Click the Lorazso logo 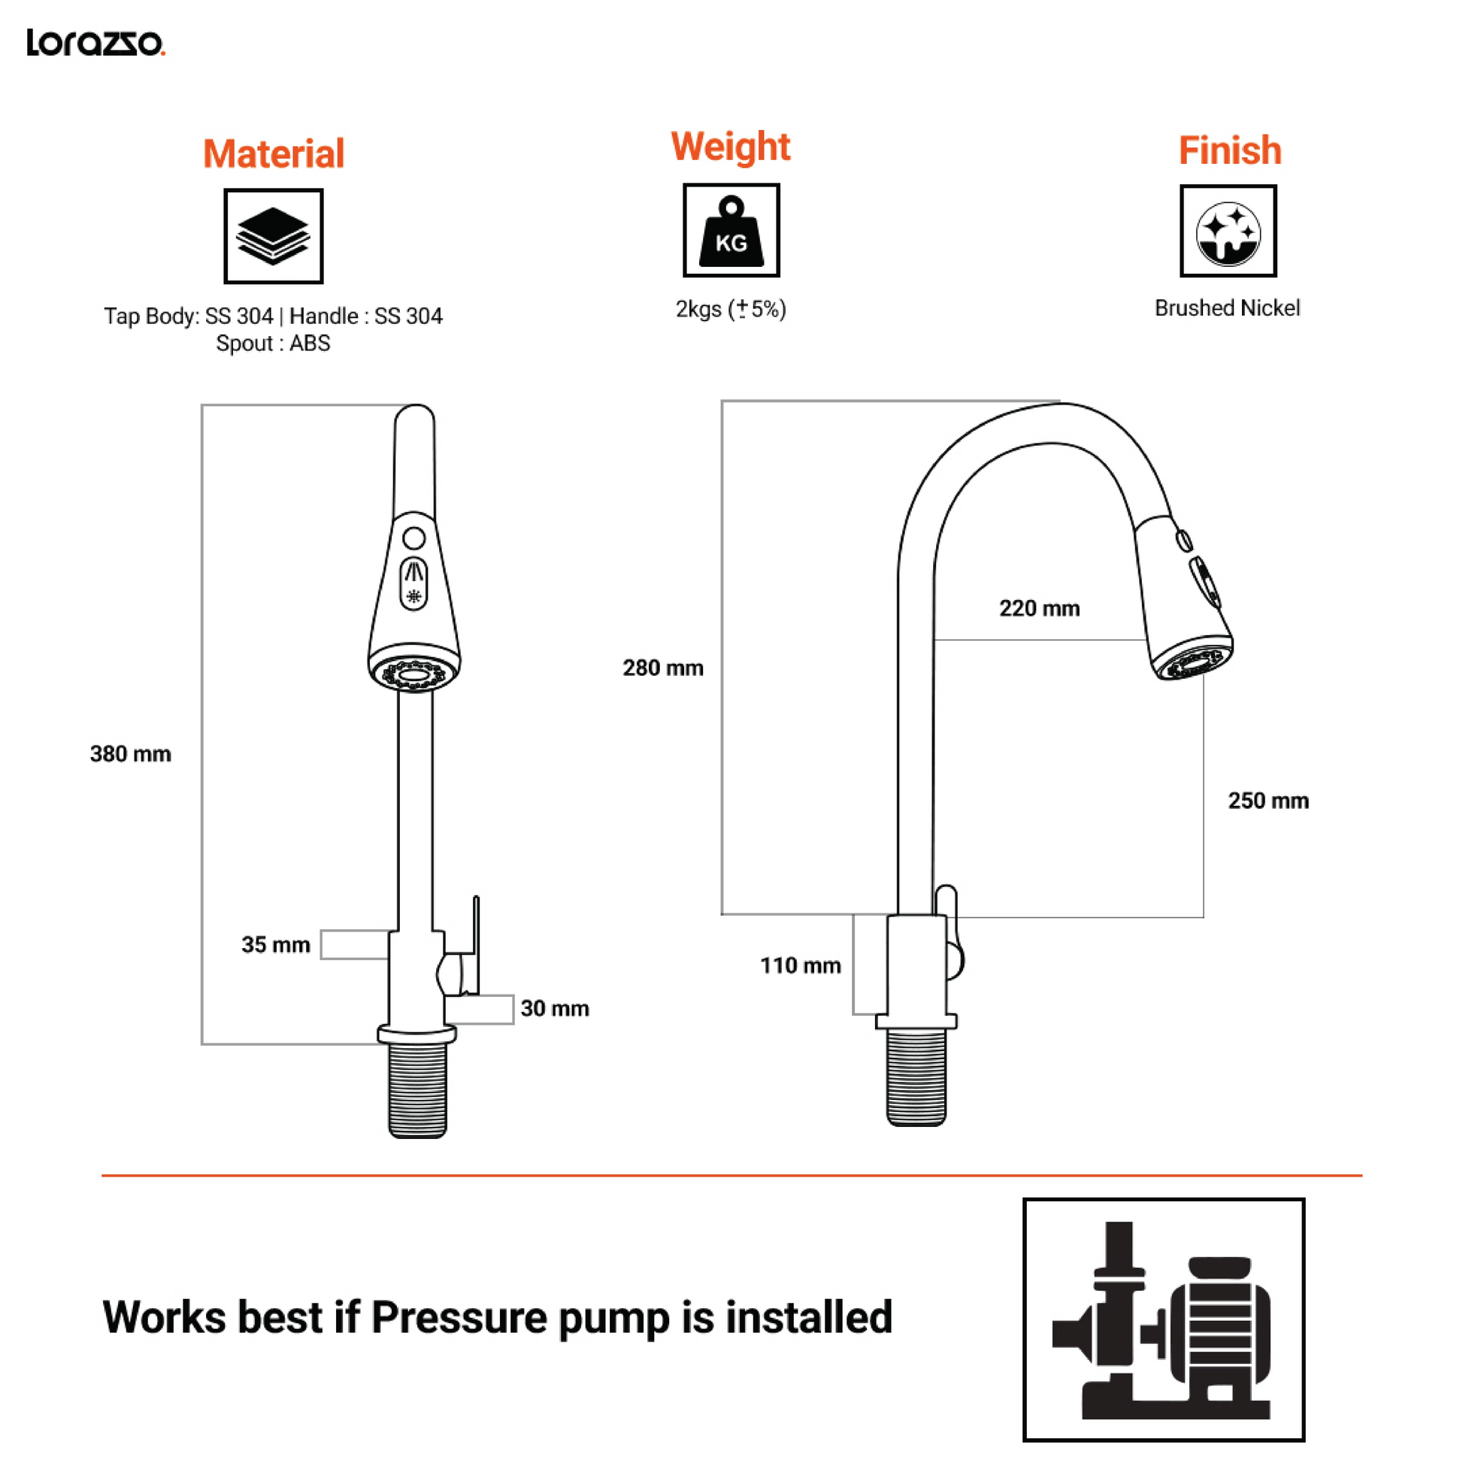pyautogui.click(x=95, y=42)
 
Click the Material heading pyautogui.click(x=274, y=153)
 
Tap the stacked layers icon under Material pyautogui.click(x=274, y=236)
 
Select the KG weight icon pyautogui.click(x=731, y=230)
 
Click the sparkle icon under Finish pyautogui.click(x=1228, y=232)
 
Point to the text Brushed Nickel pyautogui.click(x=1227, y=308)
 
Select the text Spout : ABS pyautogui.click(x=274, y=343)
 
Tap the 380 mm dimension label pyautogui.click(x=130, y=754)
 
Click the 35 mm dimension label pyautogui.click(x=276, y=945)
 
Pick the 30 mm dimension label pyautogui.click(x=554, y=1009)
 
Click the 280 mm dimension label pyautogui.click(x=662, y=668)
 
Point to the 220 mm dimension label pyautogui.click(x=1039, y=608)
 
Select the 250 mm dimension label pyautogui.click(x=1268, y=801)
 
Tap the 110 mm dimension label pyautogui.click(x=801, y=965)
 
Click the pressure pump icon pyautogui.click(x=1163, y=1319)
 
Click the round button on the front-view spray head pyautogui.click(x=414, y=538)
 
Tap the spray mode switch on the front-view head pyautogui.click(x=413, y=584)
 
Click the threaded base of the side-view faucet pyautogui.click(x=916, y=1076)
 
